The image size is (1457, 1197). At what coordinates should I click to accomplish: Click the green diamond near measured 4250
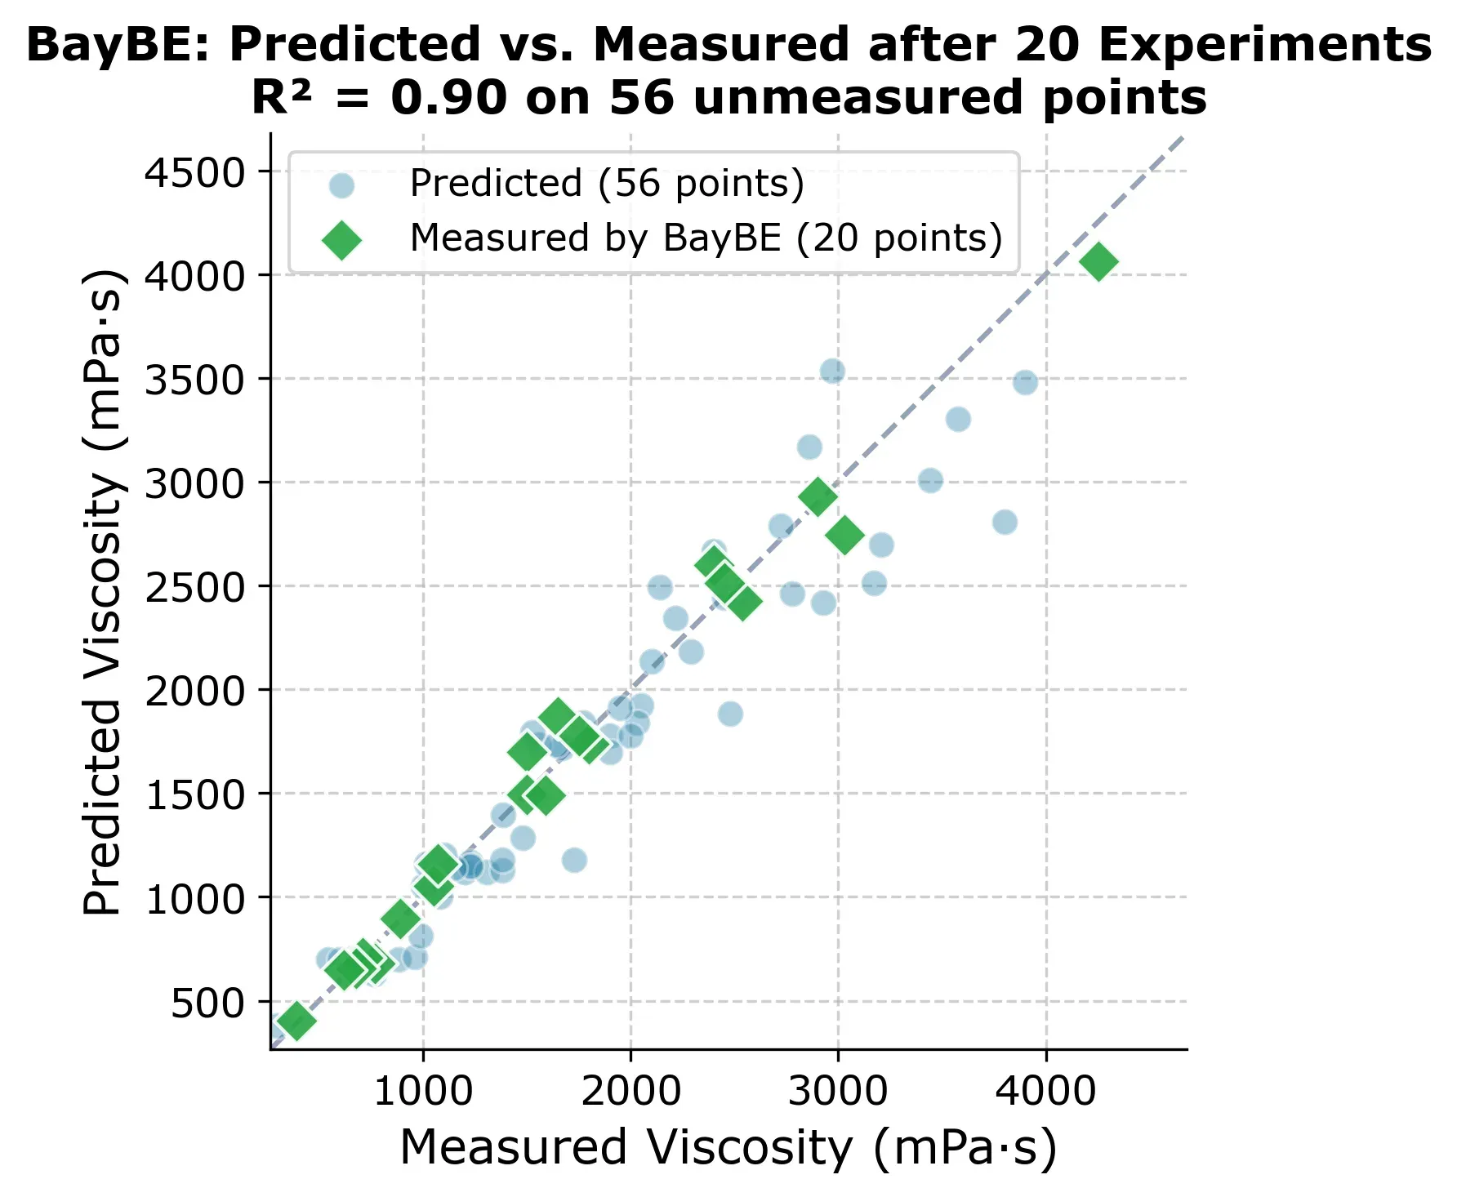pos(1098,262)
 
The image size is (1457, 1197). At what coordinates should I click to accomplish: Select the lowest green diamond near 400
pos(296,1021)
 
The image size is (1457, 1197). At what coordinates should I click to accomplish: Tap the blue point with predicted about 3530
pos(832,372)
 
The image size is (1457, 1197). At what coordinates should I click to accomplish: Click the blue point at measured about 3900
pos(1026,382)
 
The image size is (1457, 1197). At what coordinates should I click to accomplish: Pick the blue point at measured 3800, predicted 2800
pos(1005,522)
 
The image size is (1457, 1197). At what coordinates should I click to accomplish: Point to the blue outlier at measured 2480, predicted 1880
pos(730,714)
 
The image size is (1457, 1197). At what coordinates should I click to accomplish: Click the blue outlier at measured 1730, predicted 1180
pos(574,860)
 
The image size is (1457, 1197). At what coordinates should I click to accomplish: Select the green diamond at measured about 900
pos(401,919)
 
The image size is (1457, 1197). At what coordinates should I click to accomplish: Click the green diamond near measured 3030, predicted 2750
pos(844,535)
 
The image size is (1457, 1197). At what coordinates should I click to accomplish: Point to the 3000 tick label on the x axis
pos(838,1092)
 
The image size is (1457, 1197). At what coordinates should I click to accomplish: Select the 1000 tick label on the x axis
pos(423,1092)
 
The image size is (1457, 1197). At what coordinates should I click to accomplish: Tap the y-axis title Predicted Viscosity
pos(105,592)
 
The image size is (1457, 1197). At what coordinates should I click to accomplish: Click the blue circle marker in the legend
pos(341,185)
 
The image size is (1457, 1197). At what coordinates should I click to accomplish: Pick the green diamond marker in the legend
pos(341,239)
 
